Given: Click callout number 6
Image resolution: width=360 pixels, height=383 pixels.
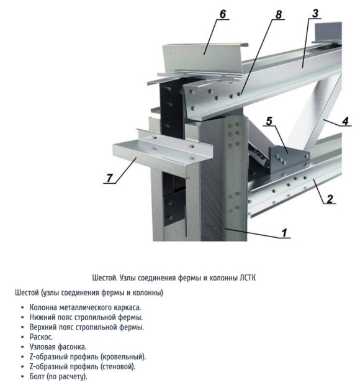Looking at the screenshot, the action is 222,14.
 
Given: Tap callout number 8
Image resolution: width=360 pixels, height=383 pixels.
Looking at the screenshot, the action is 279,15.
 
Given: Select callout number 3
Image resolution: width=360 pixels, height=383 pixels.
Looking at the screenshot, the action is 315,13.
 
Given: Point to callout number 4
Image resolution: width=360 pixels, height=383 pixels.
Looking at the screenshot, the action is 345,121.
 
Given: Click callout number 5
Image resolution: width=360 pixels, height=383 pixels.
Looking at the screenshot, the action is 269,121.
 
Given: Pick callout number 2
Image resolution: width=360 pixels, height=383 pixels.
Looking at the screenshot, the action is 330,199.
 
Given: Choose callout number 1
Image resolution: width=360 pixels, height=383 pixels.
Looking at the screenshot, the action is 284,233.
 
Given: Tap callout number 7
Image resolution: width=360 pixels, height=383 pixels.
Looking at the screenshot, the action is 109,178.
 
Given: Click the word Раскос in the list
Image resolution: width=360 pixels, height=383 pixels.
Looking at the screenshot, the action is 41,337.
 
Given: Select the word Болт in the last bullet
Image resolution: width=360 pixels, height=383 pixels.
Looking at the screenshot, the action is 37,376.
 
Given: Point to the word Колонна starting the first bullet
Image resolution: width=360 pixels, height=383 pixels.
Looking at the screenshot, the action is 43,307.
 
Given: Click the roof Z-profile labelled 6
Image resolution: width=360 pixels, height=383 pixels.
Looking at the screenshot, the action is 203,60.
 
